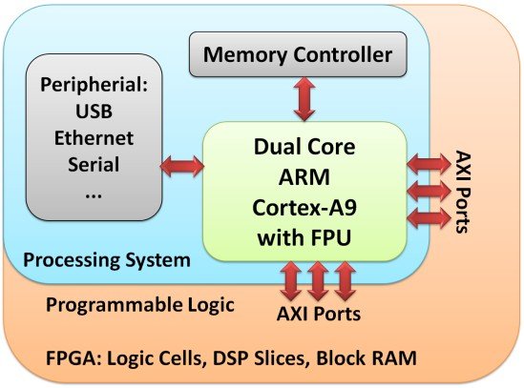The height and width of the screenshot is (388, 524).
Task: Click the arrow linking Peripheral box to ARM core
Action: (x=183, y=167)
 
